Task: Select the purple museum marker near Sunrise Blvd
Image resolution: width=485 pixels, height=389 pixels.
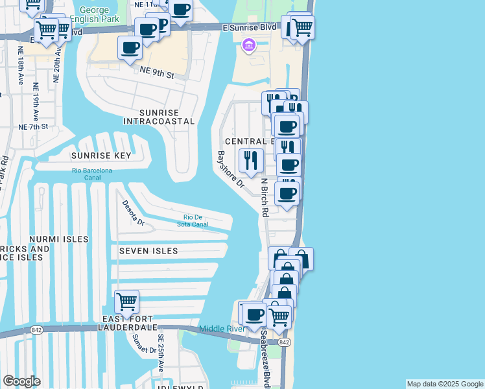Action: (248, 45)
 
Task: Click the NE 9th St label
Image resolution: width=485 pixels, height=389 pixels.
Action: (158, 75)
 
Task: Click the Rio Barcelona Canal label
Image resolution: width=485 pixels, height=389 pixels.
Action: (91, 174)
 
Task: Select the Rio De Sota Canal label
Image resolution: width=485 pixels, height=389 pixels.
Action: (195, 220)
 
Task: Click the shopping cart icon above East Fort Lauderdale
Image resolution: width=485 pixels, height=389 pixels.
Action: (126, 301)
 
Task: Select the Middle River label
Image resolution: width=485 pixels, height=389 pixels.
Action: (222, 329)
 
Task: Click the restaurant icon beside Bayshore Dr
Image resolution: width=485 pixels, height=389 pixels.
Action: (251, 159)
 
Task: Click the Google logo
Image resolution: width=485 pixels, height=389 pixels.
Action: (21, 381)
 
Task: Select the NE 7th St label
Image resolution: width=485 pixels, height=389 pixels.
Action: (33, 126)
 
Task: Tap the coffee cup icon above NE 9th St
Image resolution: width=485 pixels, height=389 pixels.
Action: (130, 48)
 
